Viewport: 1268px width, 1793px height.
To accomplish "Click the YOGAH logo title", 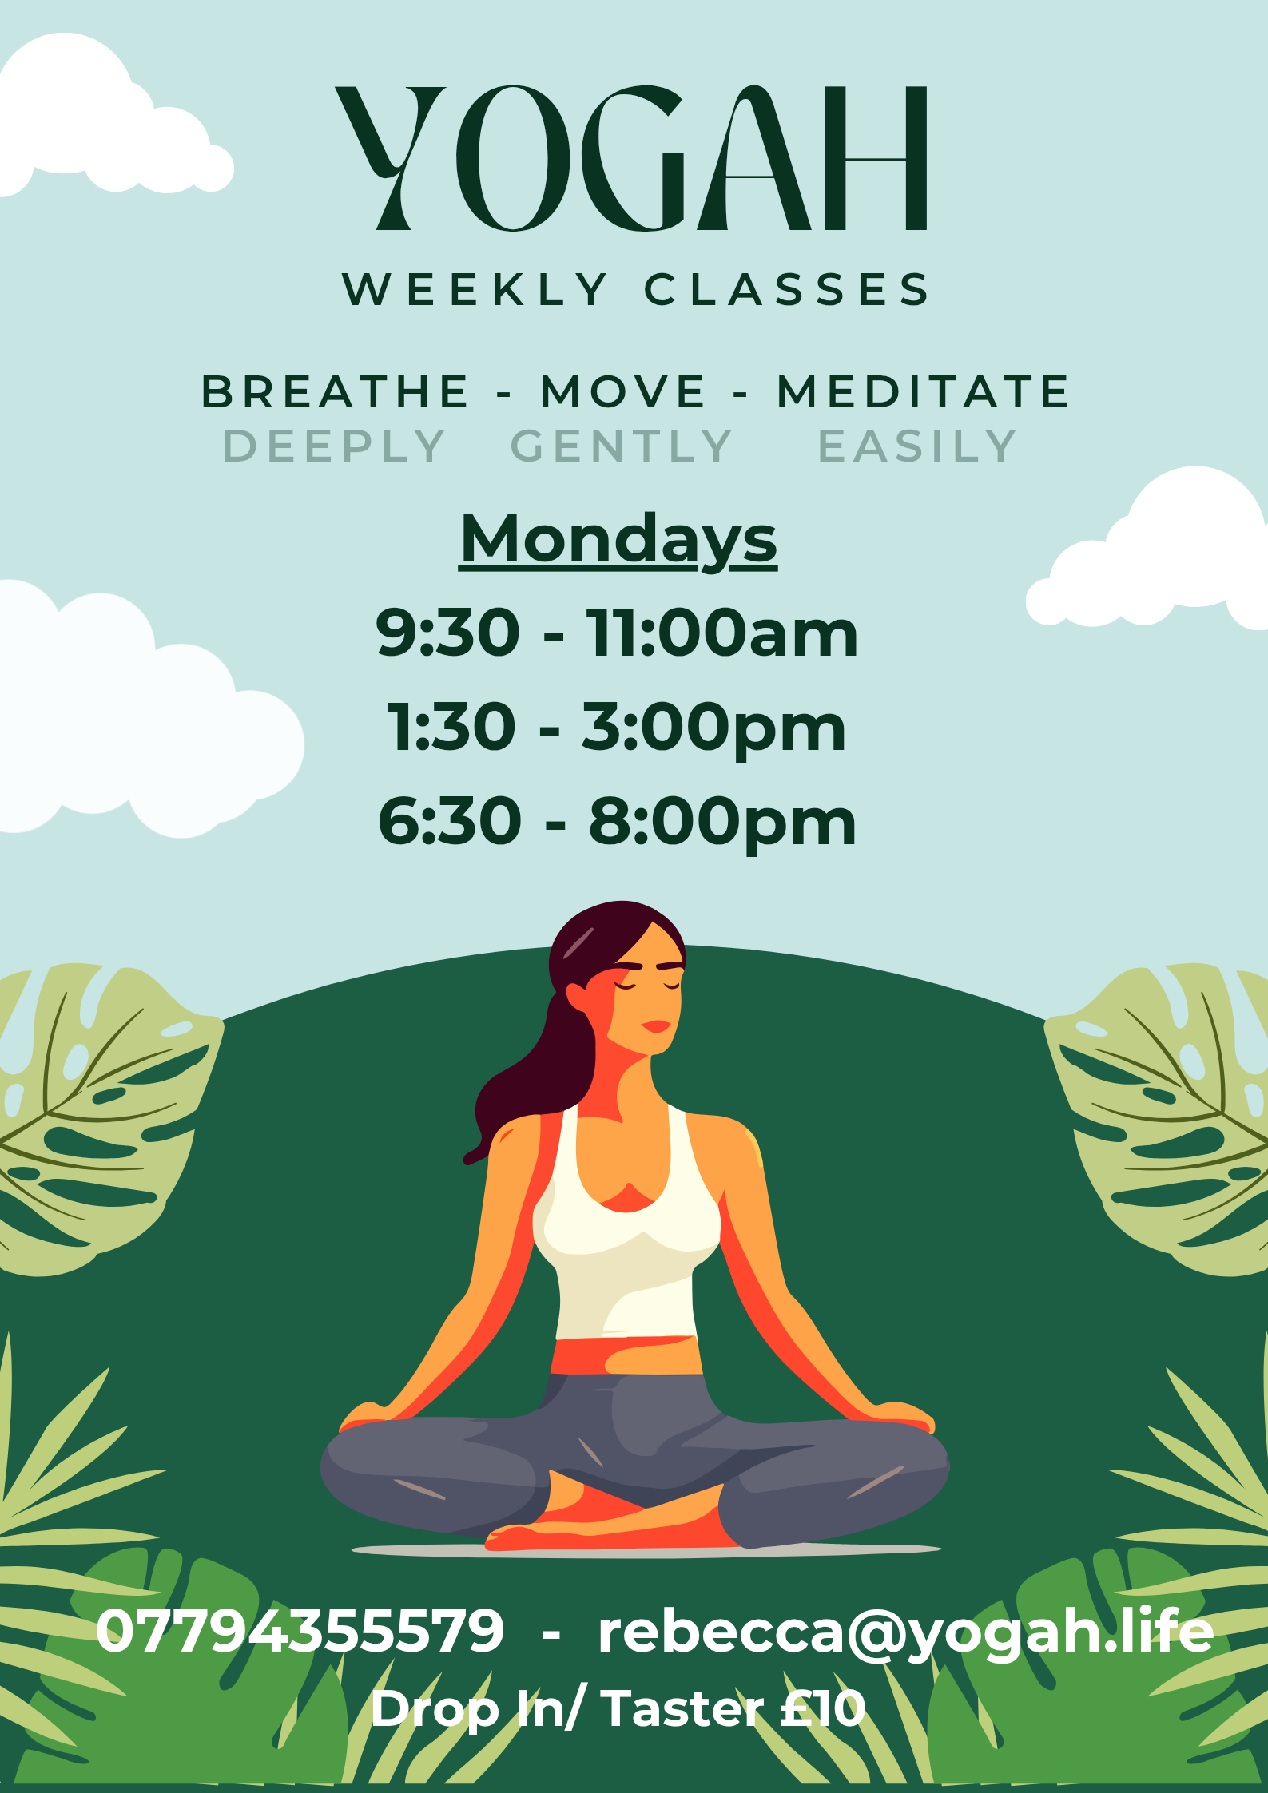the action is point(631,158).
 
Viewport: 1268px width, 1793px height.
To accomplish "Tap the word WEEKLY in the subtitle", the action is point(475,289).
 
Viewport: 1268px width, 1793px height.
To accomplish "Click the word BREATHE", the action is point(335,391).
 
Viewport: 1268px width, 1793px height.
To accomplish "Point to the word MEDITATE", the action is point(923,391).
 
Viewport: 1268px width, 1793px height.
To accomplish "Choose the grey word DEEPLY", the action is point(334,446).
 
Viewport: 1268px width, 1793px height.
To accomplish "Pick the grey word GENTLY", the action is point(622,446).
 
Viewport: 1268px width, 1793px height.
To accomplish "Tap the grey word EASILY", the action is point(917,446).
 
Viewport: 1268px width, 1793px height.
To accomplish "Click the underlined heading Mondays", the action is point(618,541).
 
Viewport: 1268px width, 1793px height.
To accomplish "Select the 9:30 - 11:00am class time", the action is point(617,633).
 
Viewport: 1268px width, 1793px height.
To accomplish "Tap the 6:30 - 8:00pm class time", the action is point(617,821).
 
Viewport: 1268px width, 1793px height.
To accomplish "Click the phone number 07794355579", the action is point(300,1631).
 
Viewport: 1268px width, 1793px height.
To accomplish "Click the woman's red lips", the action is point(656,1025).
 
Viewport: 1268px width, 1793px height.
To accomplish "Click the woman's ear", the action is point(577,995).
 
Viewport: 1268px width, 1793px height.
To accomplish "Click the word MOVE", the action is point(623,391).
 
